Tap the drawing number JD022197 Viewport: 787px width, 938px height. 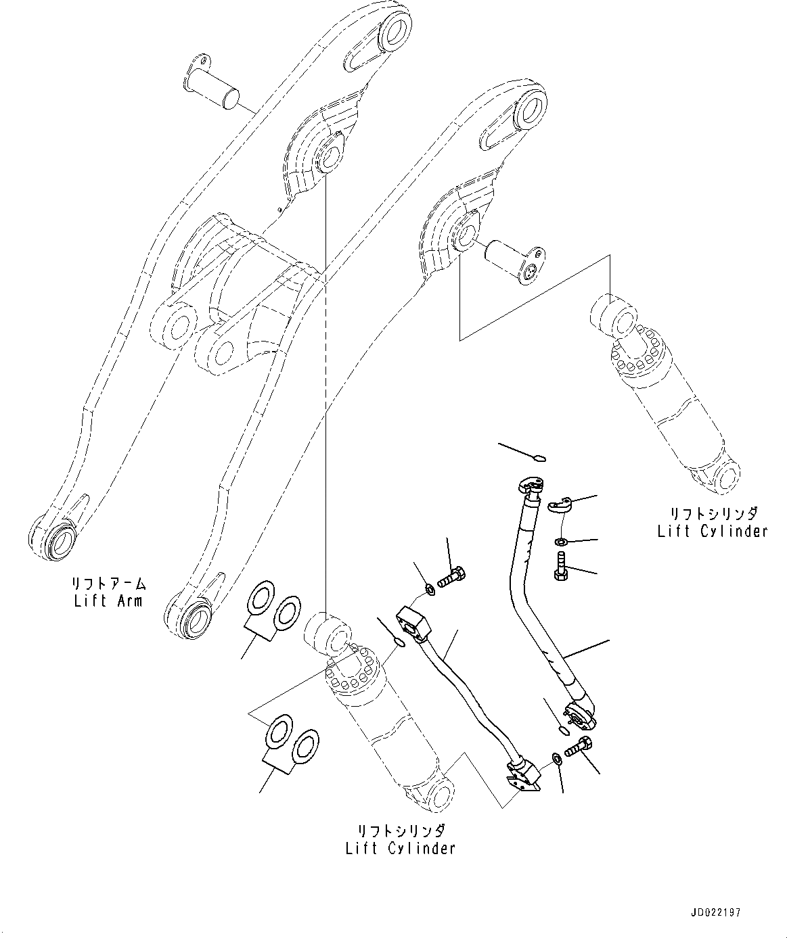[716, 912]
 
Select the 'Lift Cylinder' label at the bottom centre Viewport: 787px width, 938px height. [400, 848]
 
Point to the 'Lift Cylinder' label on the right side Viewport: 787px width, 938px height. [713, 531]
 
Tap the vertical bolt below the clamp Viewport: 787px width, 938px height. [560, 567]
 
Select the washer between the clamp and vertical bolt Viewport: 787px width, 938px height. [561, 542]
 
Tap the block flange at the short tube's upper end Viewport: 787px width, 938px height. [413, 622]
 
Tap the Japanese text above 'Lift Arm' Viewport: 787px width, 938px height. [109, 583]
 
